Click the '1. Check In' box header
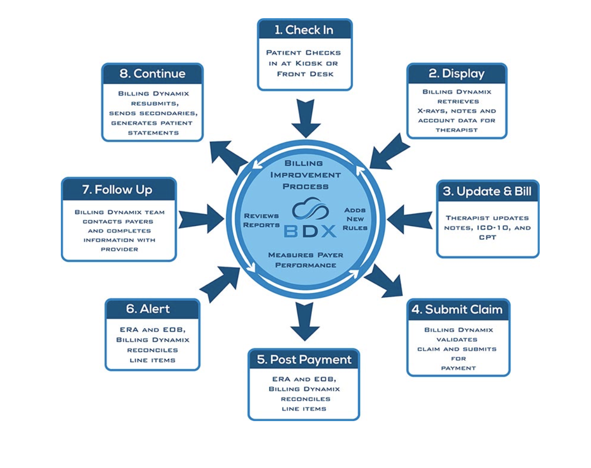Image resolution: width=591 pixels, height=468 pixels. pyautogui.click(x=305, y=30)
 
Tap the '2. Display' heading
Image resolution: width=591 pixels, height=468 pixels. pyautogui.click(x=456, y=74)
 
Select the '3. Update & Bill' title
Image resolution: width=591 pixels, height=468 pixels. pyautogui.click(x=487, y=191)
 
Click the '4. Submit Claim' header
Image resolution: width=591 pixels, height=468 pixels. pyautogui.click(x=457, y=310)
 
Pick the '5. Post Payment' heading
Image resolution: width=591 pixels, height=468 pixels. pyautogui.click(x=304, y=360)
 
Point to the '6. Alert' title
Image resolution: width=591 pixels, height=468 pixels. pyautogui.click(x=148, y=309)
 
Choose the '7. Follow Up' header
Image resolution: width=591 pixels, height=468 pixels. pyautogui.click(x=117, y=190)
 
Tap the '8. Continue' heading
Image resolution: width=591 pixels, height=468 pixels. pyautogui.click(x=152, y=74)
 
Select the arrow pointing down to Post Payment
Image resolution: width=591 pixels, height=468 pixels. pyautogui.click(x=305, y=321)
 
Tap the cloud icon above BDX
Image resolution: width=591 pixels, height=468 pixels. pyautogui.click(x=310, y=209)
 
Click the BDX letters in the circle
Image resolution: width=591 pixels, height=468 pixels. pyautogui.click(x=310, y=231)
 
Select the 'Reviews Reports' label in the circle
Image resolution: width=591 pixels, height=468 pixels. pyautogui.click(x=261, y=221)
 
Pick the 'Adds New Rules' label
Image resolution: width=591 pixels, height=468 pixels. pyautogui.click(x=355, y=219)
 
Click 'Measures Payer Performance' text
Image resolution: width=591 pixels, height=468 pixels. pyautogui.click(x=306, y=260)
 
